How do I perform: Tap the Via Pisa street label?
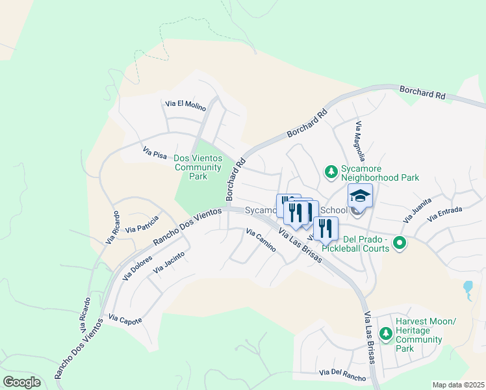coord(155,153)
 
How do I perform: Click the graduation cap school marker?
coord(360,196)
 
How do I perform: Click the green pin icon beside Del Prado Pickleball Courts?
coord(400,244)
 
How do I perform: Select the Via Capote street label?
coord(125,319)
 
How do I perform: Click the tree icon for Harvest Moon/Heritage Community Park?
coord(386,333)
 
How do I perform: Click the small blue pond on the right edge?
coord(467,287)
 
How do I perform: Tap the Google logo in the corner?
coord(21,382)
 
